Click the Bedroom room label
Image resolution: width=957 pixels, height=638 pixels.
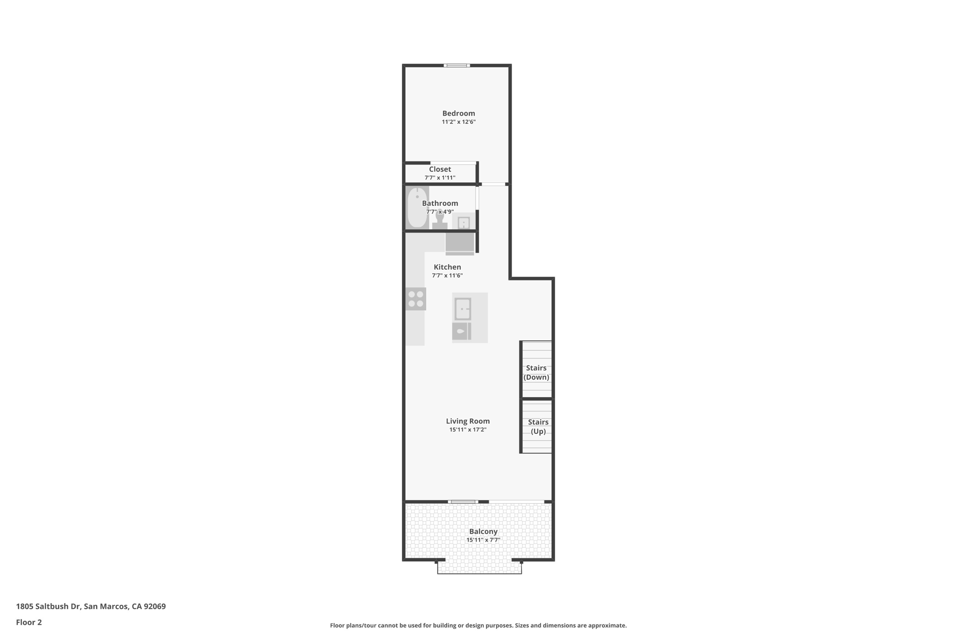click(x=458, y=113)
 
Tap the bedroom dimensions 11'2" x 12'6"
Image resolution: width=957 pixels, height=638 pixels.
click(x=458, y=122)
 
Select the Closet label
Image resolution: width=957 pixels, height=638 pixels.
click(x=440, y=169)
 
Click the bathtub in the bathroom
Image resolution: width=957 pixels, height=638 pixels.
click(x=417, y=208)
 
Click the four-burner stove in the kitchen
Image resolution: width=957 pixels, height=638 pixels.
click(x=415, y=299)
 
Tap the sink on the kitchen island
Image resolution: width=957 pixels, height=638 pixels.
click(x=463, y=309)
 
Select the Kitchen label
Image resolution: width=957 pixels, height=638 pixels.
click(x=447, y=267)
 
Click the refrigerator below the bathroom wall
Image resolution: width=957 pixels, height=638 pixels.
click(x=460, y=243)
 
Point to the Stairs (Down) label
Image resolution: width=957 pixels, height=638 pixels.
click(x=536, y=373)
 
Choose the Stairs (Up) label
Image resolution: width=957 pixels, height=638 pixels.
click(x=538, y=426)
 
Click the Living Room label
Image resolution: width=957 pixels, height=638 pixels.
click(x=468, y=421)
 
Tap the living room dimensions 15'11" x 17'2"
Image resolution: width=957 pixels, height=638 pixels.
click(x=468, y=430)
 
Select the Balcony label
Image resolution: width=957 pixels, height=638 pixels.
click(x=483, y=531)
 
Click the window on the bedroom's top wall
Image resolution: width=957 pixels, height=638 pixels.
click(x=457, y=65)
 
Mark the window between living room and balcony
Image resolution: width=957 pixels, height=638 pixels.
click(x=463, y=502)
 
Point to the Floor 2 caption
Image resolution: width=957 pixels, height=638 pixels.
click(x=29, y=622)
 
